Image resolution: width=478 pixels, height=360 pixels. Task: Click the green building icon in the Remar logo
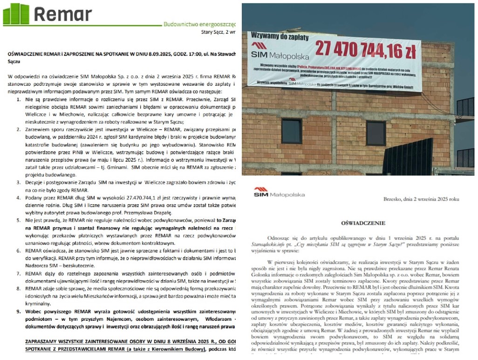coord(16,14)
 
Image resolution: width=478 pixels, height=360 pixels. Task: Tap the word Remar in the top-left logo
coord(62,15)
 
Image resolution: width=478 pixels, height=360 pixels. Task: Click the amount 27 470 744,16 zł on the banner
coord(365,50)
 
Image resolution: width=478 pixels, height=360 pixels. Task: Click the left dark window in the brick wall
coord(292,131)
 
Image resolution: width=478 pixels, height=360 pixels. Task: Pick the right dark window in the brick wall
coord(376,133)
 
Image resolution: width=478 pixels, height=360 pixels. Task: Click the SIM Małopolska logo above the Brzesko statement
coord(279,192)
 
